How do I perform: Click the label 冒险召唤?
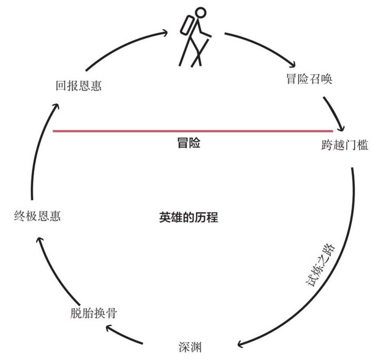coord(309,79)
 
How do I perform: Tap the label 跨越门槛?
coord(345,145)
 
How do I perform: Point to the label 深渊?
coord(190,347)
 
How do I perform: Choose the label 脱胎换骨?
coord(94,313)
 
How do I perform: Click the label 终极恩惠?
coord(37,216)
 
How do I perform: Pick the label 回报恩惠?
coord(79,85)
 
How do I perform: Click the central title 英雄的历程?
coord(189,217)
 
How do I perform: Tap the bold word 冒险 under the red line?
coord(189,143)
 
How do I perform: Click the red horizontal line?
coord(193,131)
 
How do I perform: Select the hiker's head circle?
coord(201,13)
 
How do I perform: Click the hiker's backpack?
coord(188,25)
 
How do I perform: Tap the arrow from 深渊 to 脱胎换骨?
coord(123,335)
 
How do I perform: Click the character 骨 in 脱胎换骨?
coord(112,313)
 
